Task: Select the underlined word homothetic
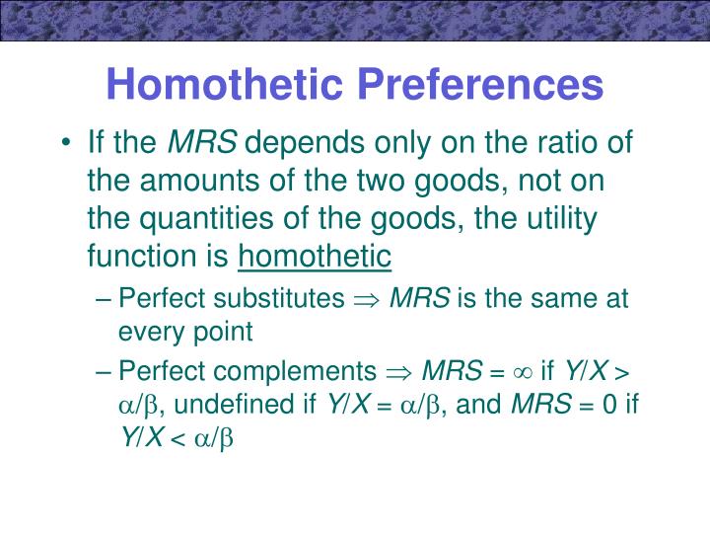point(316,257)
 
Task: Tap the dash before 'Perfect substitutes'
point(104,298)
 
